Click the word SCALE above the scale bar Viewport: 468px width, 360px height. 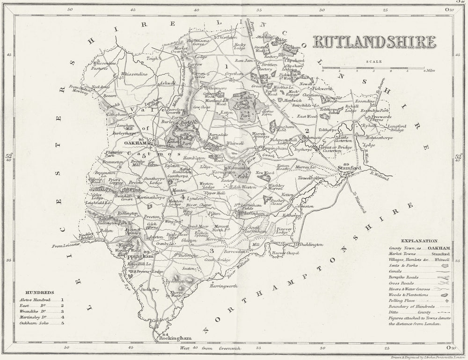374,61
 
